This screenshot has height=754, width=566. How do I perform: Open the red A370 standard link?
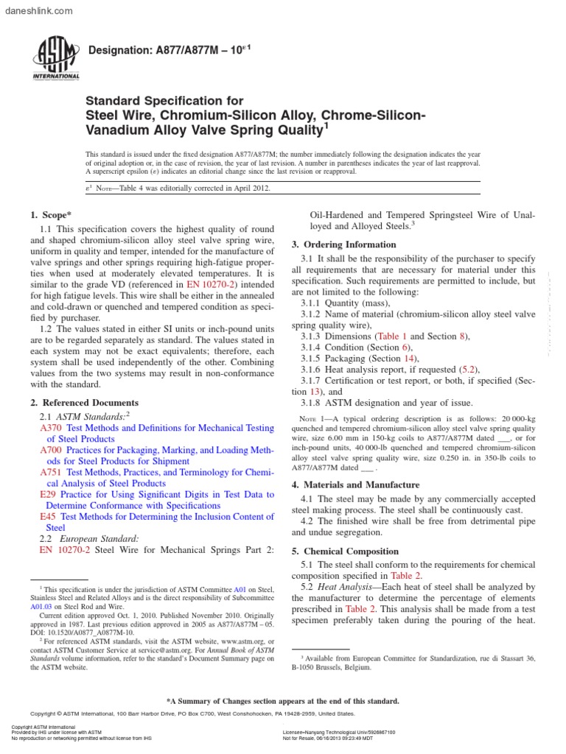pos(50,427)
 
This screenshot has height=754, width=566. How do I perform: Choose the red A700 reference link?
pos(50,449)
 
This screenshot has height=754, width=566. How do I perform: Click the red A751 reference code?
pos(50,471)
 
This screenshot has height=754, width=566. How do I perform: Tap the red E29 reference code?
pos(47,495)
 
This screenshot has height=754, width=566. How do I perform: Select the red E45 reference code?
pos(47,516)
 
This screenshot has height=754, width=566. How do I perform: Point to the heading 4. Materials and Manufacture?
pos(356,485)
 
